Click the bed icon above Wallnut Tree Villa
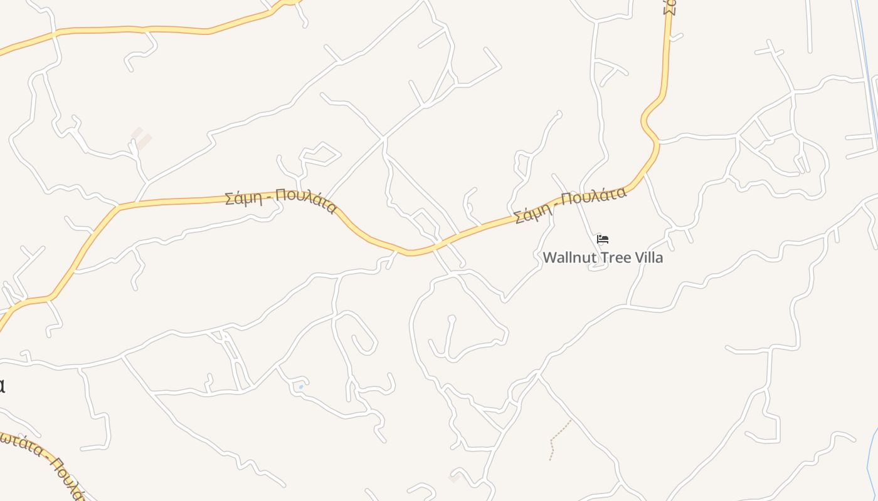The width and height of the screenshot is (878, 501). point(602,239)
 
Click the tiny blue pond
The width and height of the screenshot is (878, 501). point(301,387)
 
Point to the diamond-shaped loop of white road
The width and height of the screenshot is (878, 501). point(321,154)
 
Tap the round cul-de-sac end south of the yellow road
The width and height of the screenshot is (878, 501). point(451,319)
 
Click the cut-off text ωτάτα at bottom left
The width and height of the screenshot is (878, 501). point(22,443)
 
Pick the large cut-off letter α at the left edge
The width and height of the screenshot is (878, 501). point(2,385)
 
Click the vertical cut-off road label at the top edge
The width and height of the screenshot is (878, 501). point(669,8)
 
